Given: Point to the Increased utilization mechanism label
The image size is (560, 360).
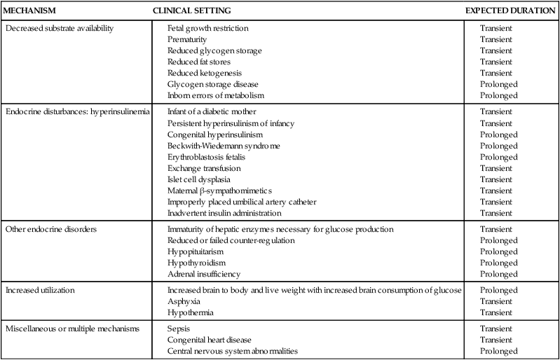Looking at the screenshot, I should [43, 289].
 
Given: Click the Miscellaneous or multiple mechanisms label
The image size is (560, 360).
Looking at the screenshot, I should [71, 328].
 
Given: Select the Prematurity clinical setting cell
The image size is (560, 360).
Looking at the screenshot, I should [187, 40].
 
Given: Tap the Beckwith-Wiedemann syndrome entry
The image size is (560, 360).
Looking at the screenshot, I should [224, 146].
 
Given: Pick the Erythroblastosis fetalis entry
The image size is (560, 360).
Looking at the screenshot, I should [206, 157].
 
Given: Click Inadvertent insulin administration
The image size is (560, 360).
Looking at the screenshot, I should [224, 213].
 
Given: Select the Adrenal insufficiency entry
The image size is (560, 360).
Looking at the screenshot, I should [204, 274].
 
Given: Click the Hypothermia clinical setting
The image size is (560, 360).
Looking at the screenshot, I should [191, 312].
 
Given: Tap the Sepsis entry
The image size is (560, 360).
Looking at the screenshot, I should [179, 328].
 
